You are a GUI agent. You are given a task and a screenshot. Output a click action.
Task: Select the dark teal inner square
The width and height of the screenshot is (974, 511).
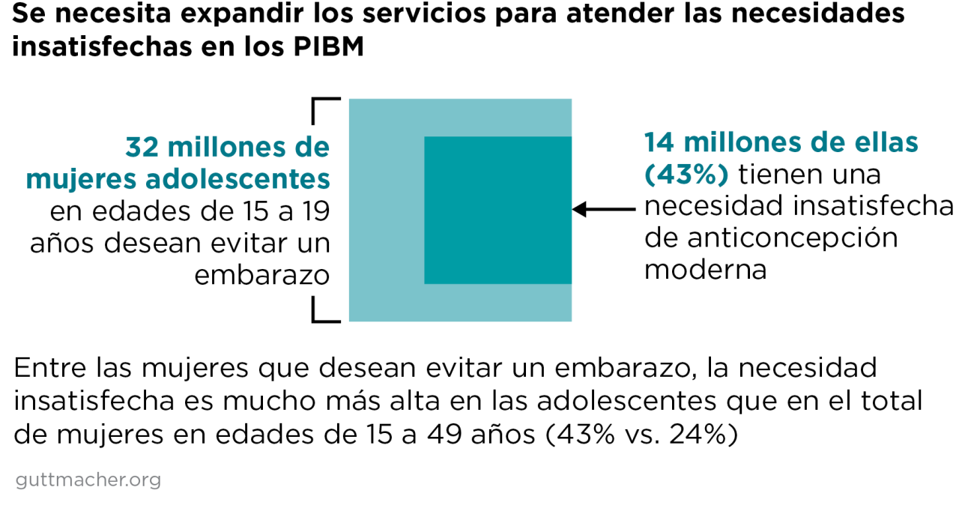point(497,210)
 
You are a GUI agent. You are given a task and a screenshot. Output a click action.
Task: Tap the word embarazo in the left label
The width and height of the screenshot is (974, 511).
point(262,276)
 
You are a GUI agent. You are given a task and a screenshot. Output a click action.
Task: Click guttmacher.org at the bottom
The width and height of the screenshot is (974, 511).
point(88,480)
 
